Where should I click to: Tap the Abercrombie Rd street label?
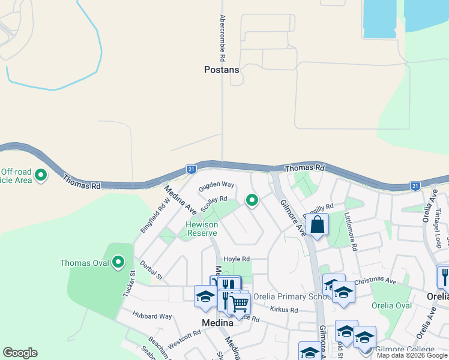click(x=222, y=38)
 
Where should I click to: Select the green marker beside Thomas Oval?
click(x=118, y=262)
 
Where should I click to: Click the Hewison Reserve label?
click(x=201, y=229)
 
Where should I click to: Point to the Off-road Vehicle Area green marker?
click(x=41, y=176)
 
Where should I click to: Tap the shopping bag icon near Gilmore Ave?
click(x=318, y=226)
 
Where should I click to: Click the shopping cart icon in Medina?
click(x=240, y=304)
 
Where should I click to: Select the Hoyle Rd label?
click(x=236, y=259)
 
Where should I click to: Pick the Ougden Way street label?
click(x=217, y=185)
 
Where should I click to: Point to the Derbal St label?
click(x=151, y=270)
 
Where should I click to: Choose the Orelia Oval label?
click(x=394, y=305)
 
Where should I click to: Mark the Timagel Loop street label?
click(x=439, y=227)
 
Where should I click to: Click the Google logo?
click(x=20, y=353)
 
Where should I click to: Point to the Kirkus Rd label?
click(x=284, y=310)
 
